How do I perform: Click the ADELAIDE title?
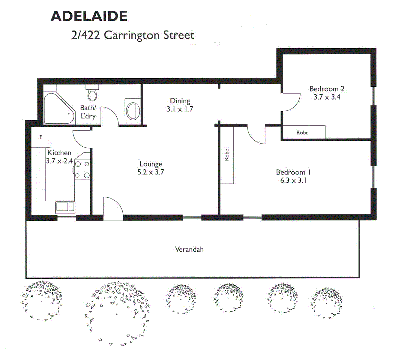click(89, 16)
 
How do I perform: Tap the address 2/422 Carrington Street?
click(133, 35)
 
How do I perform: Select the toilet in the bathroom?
click(92, 93)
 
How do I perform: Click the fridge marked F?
click(41, 137)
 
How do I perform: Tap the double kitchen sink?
click(65, 207)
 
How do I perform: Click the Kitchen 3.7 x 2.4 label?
click(59, 157)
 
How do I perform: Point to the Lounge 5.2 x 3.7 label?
click(151, 168)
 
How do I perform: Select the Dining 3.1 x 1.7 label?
click(180, 105)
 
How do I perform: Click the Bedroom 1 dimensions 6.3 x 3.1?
click(293, 181)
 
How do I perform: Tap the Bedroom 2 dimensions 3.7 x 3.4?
click(327, 97)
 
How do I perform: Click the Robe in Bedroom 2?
click(303, 132)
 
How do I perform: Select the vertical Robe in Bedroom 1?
click(227, 155)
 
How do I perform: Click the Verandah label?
click(189, 249)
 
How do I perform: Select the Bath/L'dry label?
click(88, 112)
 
